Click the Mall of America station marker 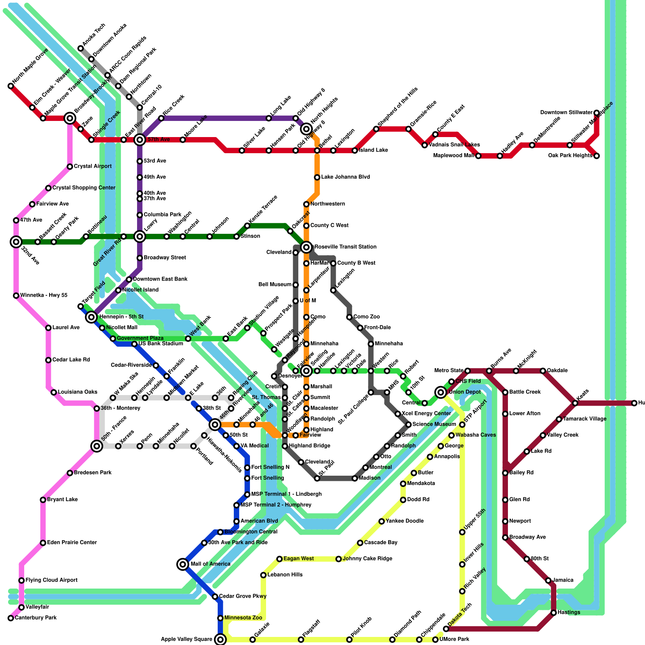tap(183, 564)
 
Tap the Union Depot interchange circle tap(441, 392)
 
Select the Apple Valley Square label tap(186, 639)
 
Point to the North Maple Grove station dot tap(11, 86)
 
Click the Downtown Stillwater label tap(566, 112)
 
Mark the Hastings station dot tap(554, 613)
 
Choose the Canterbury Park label tap(35, 618)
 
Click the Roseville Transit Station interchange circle tap(306, 247)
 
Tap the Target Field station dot tap(81, 306)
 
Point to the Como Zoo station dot tap(350, 317)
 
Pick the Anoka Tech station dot tap(81, 48)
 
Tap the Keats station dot tap(575, 403)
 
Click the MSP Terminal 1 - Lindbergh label tap(286, 494)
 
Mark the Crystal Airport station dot tap(70, 166)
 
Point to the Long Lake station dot tap(269, 118)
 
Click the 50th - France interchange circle tap(97, 446)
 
